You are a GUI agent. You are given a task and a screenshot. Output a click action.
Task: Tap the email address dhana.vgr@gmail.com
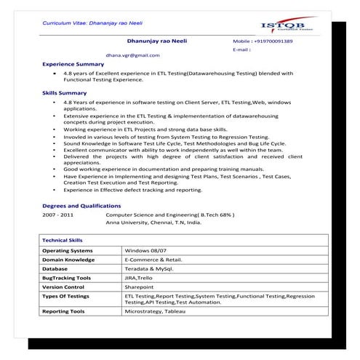[132, 55]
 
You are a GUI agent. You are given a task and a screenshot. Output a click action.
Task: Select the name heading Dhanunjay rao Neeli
[156, 41]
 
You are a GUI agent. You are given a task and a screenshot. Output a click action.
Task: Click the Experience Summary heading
[73, 64]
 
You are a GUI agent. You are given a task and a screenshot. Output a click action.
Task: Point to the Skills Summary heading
[65, 93]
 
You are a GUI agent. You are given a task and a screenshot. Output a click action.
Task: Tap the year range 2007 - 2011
[57, 216]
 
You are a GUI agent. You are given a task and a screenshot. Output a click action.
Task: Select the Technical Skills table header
[63, 239]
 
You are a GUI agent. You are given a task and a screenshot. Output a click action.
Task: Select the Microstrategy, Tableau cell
[155, 311]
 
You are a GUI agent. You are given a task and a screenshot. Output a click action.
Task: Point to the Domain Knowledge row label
[68, 259]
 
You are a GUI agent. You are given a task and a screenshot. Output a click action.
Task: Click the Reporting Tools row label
[63, 311]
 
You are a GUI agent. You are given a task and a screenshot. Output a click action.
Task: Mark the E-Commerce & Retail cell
[153, 259]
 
